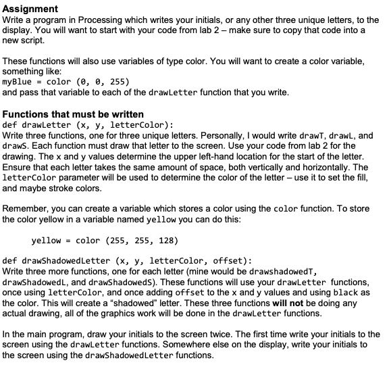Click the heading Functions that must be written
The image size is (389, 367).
click(73, 113)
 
